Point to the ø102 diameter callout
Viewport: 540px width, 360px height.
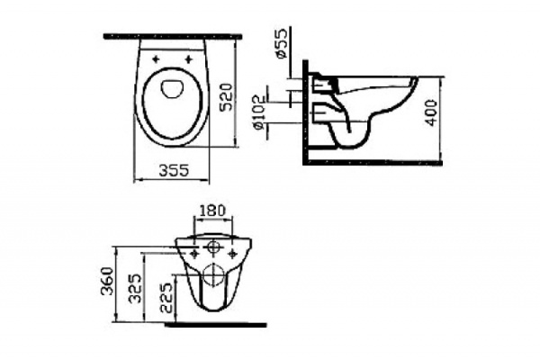(x=257, y=112)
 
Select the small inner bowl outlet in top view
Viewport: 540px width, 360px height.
(x=173, y=88)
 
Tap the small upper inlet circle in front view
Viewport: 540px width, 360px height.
(x=213, y=245)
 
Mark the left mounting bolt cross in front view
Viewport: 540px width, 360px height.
(x=192, y=254)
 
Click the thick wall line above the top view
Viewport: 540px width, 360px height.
(x=173, y=36)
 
